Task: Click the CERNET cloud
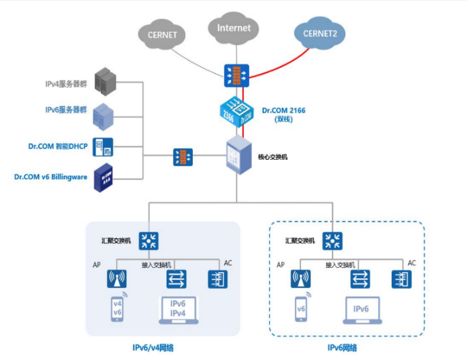tap(165, 34)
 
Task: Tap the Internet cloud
tap(233, 28)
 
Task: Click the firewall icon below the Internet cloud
tap(237, 75)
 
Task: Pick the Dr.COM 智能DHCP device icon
tap(103, 146)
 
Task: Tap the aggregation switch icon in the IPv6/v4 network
tap(148, 240)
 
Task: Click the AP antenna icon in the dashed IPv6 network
tap(301, 278)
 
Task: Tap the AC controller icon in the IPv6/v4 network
tap(215, 279)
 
